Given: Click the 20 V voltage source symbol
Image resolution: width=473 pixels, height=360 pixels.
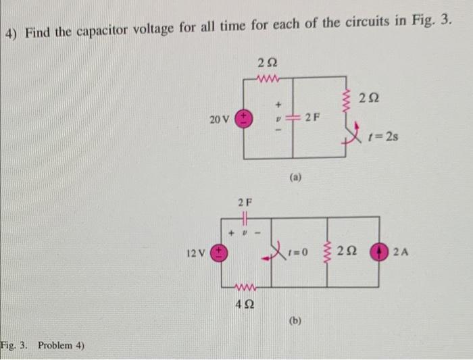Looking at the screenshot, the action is pyautogui.click(x=245, y=119).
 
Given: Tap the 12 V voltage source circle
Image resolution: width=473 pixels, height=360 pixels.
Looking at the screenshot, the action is pyautogui.click(x=220, y=254).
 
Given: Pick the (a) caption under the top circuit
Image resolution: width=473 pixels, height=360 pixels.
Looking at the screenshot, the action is pyautogui.click(x=295, y=180).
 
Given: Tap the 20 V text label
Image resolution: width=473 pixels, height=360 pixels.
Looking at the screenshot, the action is pyautogui.click(x=220, y=120).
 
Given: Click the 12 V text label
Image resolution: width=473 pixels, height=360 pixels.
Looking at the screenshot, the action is pyautogui.click(x=196, y=254).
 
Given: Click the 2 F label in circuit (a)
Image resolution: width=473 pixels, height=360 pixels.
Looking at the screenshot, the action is pyautogui.click(x=312, y=119).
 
